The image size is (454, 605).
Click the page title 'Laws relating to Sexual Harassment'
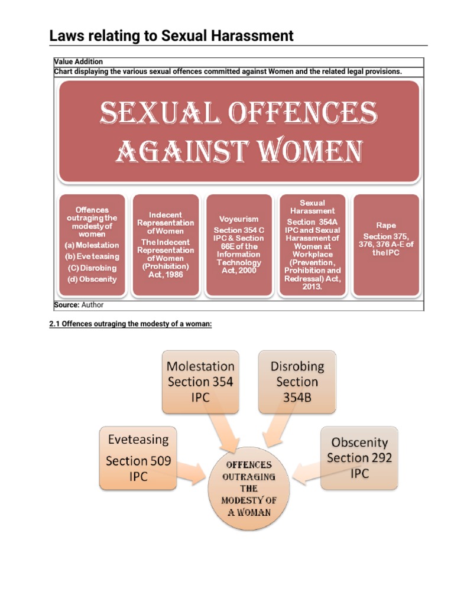tap(171, 36)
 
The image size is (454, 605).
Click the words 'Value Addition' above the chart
tap(78, 62)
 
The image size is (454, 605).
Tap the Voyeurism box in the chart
tap(238, 245)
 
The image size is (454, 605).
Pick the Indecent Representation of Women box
tap(166, 245)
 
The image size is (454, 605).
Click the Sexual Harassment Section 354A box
tap(312, 245)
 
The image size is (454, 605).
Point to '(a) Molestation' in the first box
tap(92, 245)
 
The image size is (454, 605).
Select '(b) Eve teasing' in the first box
tap(92, 256)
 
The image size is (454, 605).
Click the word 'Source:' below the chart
tap(66, 305)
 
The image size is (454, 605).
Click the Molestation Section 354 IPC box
tap(200, 382)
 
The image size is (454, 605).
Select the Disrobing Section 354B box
tap(297, 382)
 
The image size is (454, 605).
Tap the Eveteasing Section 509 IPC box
tap(138, 457)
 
